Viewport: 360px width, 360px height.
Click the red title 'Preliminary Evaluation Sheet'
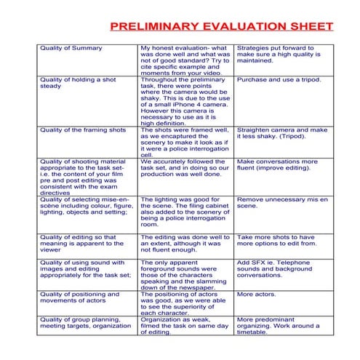(x=221, y=27)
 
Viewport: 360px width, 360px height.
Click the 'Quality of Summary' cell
(x=71, y=48)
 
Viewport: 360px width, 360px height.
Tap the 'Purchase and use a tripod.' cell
(x=279, y=79)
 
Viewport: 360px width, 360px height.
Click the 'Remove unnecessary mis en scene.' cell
(x=282, y=201)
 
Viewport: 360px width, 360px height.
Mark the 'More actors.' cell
(x=255, y=294)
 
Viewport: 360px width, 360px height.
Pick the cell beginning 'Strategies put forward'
(x=279, y=55)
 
